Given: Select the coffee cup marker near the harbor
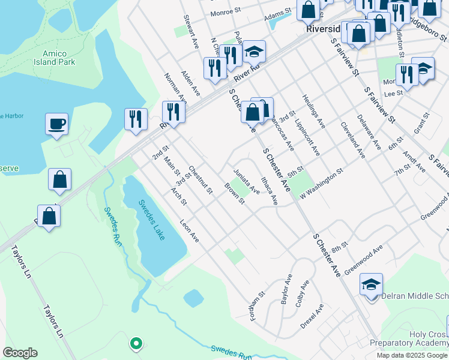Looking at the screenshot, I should pyautogui.click(x=56, y=125).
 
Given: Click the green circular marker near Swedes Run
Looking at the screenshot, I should pyautogui.click(x=136, y=344).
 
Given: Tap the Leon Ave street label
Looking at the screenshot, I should pyautogui.click(x=190, y=230).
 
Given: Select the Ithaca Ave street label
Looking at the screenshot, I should pyautogui.click(x=268, y=190).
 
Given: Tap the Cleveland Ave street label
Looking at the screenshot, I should pyautogui.click(x=353, y=140).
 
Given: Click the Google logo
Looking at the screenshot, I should pyautogui.click(x=20, y=353).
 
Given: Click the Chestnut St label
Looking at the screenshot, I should pyautogui.click(x=200, y=180).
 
